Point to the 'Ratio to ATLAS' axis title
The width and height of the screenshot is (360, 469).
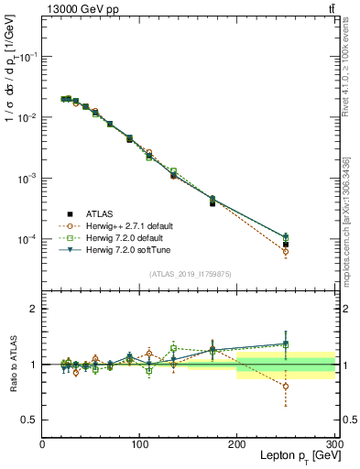(14, 365)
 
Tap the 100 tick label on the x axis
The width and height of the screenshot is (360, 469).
(139, 442)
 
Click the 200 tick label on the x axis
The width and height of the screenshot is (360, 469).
(237, 442)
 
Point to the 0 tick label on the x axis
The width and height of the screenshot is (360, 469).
(42, 442)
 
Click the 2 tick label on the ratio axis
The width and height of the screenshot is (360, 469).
(33, 309)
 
